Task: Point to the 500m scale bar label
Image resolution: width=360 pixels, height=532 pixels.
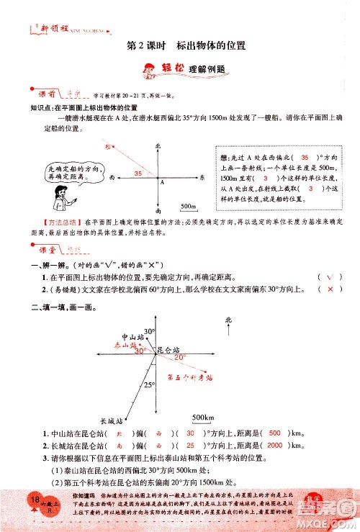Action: pyautogui.click(x=189, y=206)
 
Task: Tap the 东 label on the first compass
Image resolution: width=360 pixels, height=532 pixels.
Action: pyautogui.click(x=203, y=177)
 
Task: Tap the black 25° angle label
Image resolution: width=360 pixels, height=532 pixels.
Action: pyautogui.click(x=148, y=385)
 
